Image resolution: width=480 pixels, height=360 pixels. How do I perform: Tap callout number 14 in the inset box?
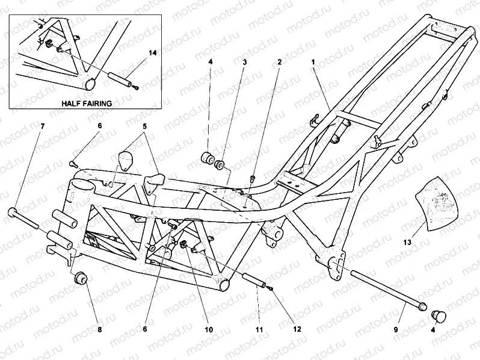tap(153, 54)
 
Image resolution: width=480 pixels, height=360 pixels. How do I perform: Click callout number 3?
tap(245, 61)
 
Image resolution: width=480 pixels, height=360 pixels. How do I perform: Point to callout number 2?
tap(279, 61)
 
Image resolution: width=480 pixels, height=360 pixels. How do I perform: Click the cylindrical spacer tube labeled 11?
tap(254, 281)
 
